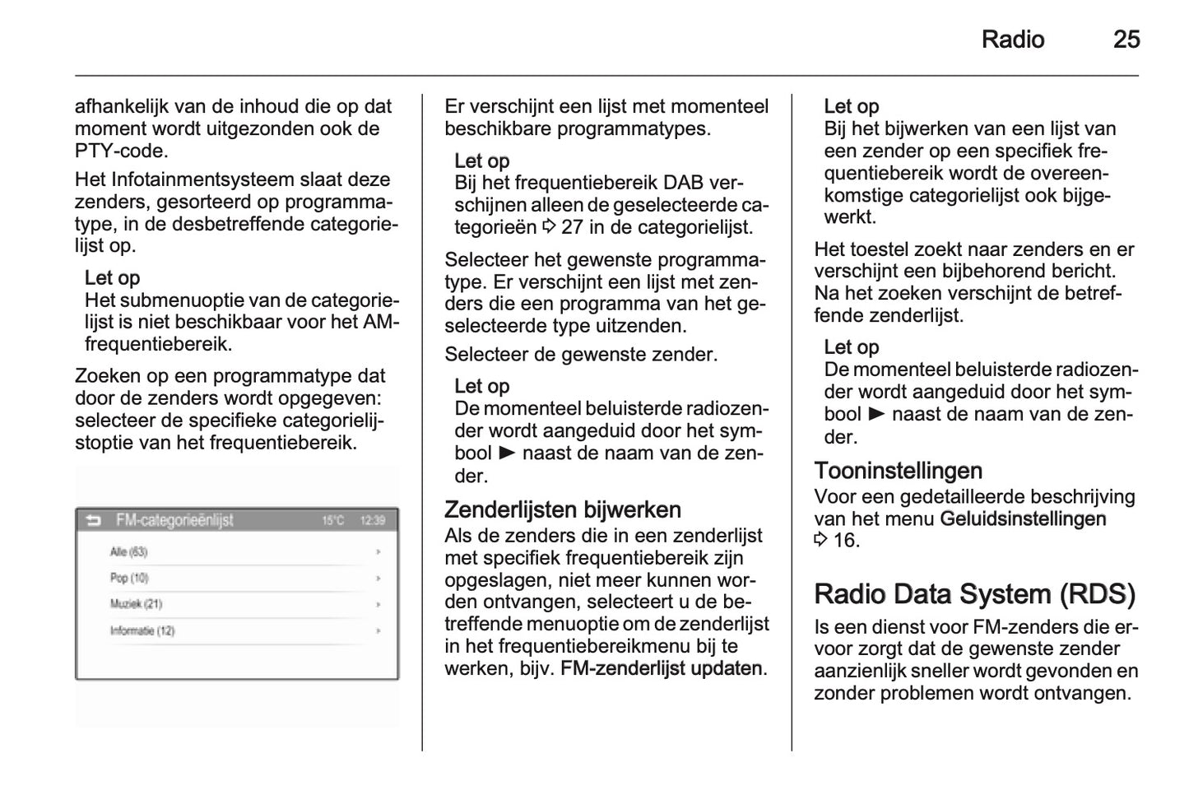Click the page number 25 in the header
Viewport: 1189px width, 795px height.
click(1126, 40)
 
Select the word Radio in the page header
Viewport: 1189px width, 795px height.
click(1012, 40)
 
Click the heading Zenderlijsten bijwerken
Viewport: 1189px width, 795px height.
click(562, 509)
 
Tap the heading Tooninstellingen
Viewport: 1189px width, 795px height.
click(898, 471)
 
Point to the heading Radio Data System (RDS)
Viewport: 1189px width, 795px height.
click(974, 593)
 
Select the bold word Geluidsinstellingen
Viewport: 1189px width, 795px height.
click(1023, 518)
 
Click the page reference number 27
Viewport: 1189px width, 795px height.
click(572, 227)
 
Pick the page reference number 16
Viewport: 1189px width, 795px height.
click(845, 541)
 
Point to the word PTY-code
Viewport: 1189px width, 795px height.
click(121, 151)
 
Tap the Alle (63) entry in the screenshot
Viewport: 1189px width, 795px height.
click(128, 551)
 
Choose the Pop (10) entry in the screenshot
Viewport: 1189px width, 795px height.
click(129, 578)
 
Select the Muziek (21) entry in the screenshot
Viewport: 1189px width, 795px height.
click(136, 604)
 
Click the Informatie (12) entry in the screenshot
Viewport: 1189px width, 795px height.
click(142, 631)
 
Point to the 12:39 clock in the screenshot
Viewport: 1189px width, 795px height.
click(373, 520)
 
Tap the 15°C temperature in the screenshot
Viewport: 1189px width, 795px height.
click(332, 520)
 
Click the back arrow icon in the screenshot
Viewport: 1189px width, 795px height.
click(93, 520)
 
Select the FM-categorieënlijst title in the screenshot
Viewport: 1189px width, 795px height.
click(174, 520)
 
